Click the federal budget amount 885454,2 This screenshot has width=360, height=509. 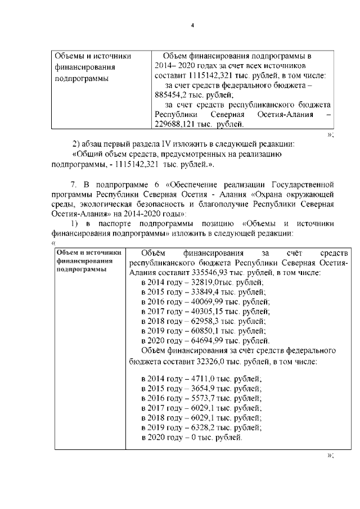(170, 95)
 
